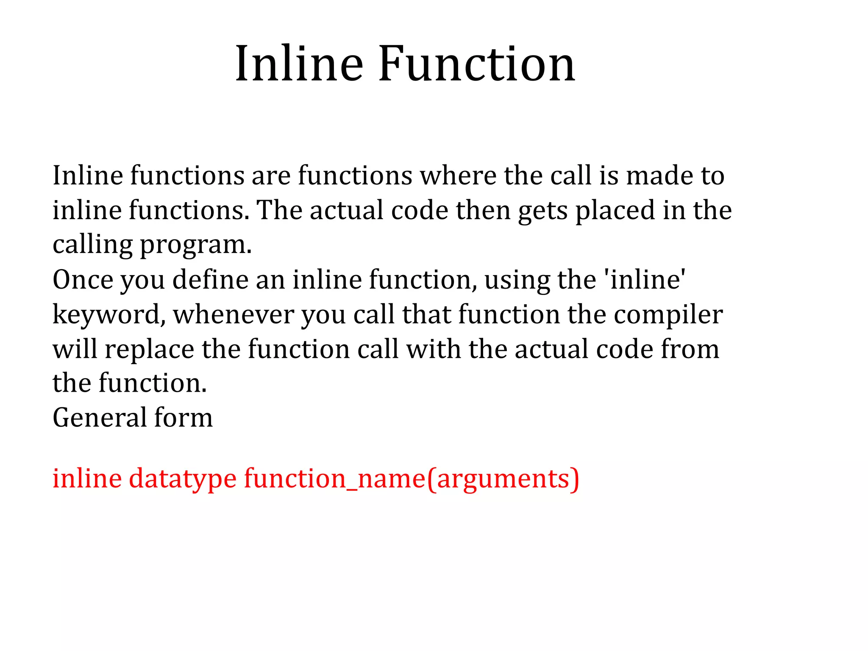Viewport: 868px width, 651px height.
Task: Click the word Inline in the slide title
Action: (299, 64)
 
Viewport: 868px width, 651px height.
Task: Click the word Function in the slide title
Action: (476, 64)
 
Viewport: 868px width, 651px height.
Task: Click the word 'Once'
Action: (83, 280)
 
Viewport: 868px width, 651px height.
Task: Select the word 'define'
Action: (210, 280)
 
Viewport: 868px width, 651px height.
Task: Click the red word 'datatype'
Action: (183, 479)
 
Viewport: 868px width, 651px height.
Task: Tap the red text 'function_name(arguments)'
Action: (411, 479)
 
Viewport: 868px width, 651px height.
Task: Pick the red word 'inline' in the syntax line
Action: (87, 479)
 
